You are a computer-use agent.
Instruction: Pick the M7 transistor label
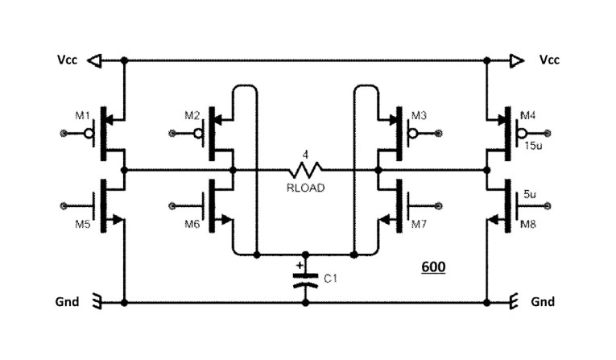[x=419, y=224]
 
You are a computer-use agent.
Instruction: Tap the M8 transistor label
[x=529, y=224]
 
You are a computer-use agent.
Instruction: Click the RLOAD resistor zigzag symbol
[x=306, y=170]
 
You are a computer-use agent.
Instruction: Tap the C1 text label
[x=330, y=279]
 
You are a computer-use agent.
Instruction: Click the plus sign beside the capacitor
[x=300, y=263]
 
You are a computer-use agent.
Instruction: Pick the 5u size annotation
[x=529, y=194]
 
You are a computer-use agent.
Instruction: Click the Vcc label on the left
[x=67, y=60]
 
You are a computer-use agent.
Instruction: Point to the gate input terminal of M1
[x=64, y=132]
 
